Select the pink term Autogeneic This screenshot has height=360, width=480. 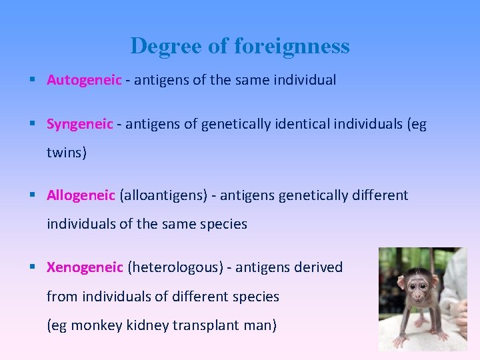[84, 80]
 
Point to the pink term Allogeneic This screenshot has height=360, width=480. [81, 195]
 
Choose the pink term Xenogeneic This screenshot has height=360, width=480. [85, 267]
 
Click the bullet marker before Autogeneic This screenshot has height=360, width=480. [33, 80]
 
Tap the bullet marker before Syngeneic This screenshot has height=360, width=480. [33, 124]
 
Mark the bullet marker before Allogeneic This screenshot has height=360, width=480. [33, 195]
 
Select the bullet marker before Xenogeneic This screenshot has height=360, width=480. [33, 267]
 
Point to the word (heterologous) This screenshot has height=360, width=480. [175, 267]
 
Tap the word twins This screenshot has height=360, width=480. [65, 153]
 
